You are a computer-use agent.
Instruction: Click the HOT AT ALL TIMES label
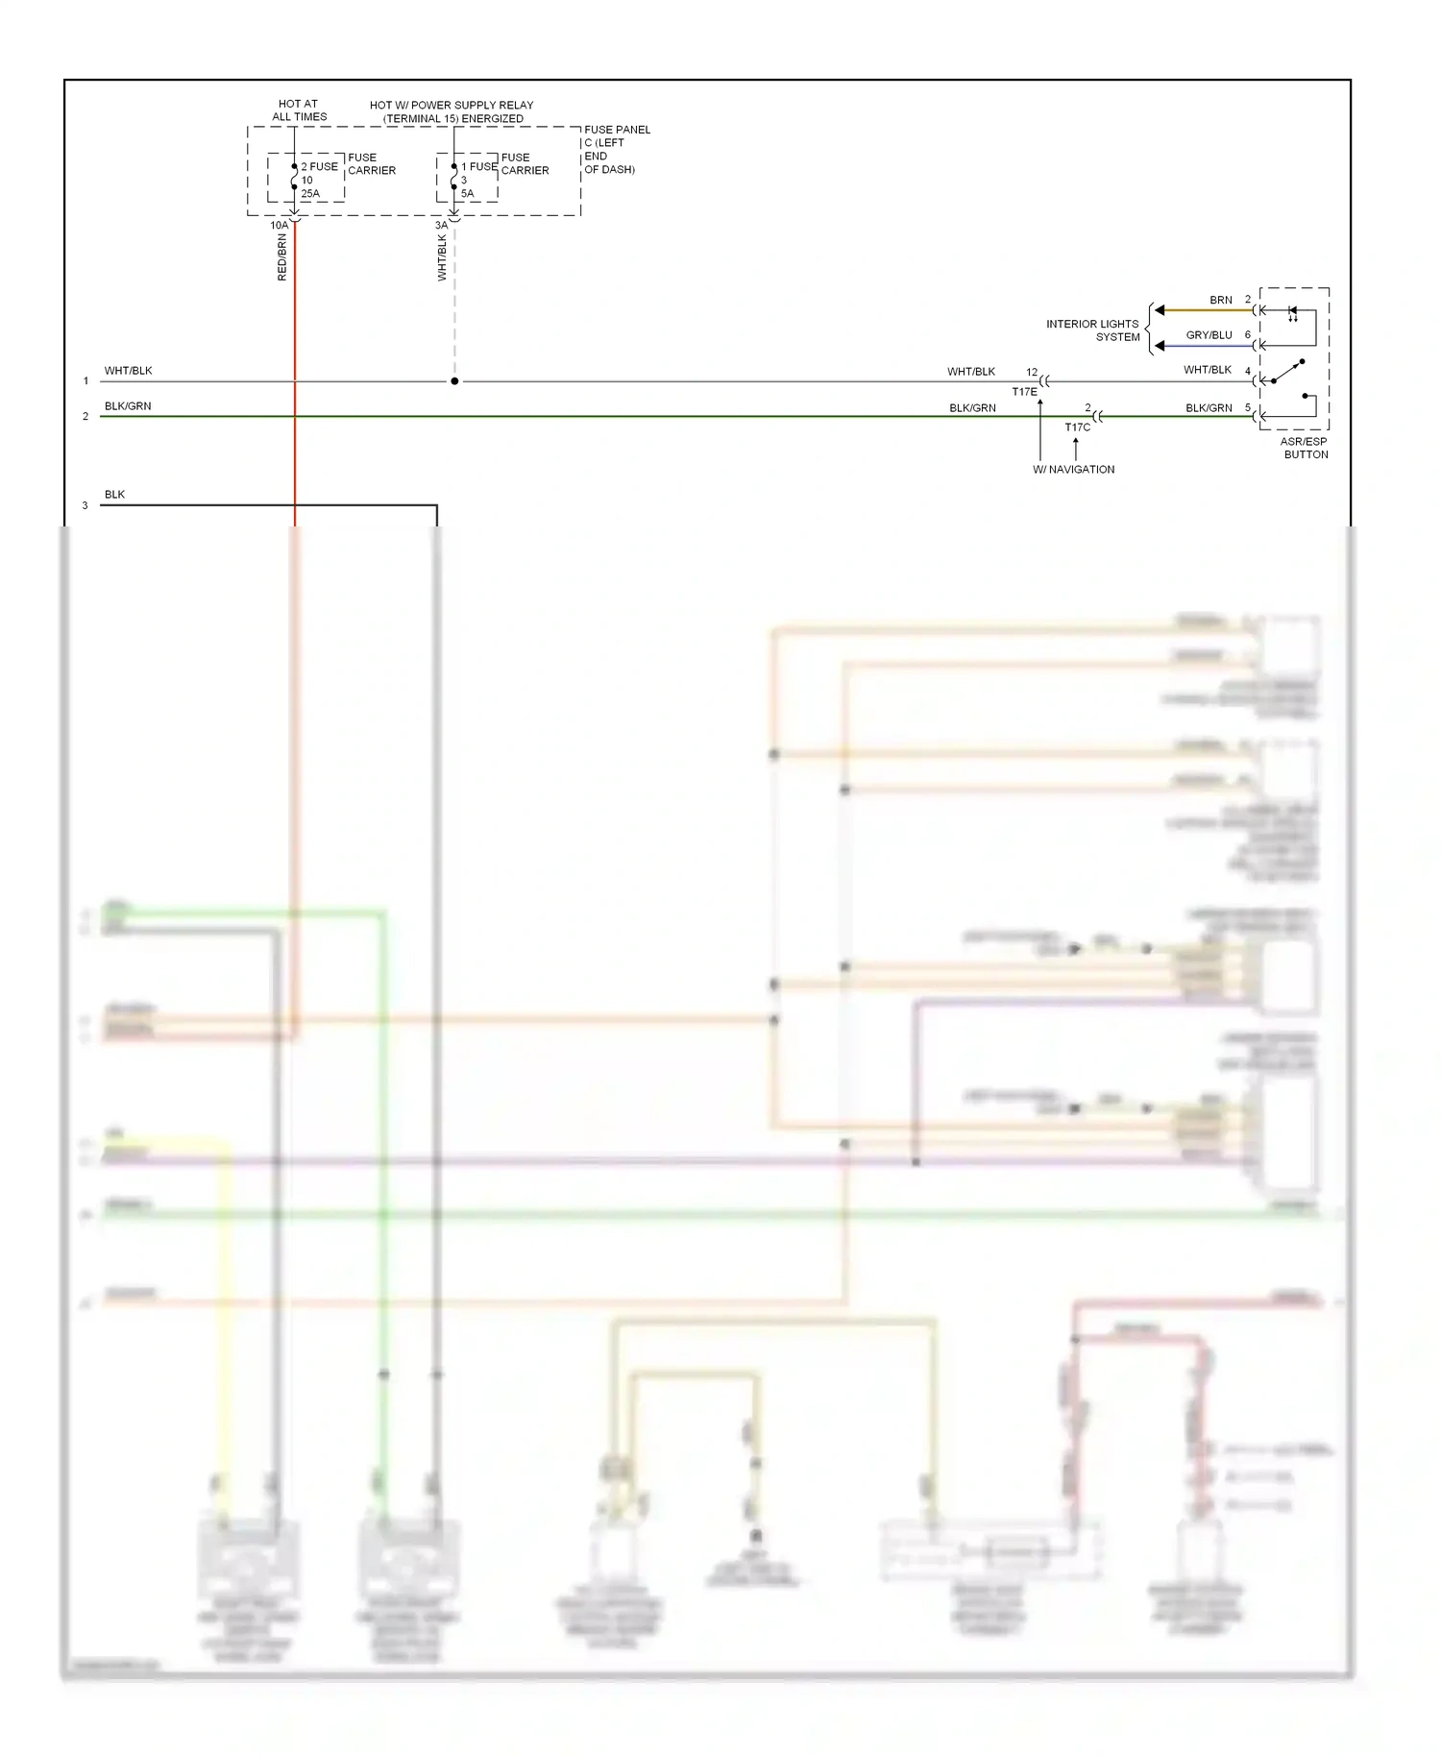[x=299, y=110]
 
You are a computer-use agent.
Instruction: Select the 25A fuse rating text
[x=310, y=194]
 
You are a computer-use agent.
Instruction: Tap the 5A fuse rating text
[x=467, y=194]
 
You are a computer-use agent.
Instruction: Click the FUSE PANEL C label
[x=616, y=149]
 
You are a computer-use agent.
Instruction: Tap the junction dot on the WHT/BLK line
[x=454, y=381]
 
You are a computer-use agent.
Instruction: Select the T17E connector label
[x=1024, y=392]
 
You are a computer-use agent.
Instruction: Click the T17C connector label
[x=1077, y=427]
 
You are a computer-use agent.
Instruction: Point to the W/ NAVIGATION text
[x=1073, y=470]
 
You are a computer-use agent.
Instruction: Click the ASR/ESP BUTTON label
[x=1305, y=449]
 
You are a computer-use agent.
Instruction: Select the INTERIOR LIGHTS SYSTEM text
[x=1093, y=330]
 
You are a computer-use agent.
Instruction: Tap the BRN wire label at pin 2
[x=1220, y=300]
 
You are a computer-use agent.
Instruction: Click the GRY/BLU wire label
[x=1209, y=335]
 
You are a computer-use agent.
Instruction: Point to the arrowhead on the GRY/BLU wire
[x=1160, y=346]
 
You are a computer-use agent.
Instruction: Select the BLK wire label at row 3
[x=114, y=495]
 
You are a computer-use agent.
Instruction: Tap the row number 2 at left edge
[x=85, y=417]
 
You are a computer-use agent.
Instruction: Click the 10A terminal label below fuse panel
[x=279, y=226]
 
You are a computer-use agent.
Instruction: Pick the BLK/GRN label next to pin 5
[x=1209, y=408]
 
